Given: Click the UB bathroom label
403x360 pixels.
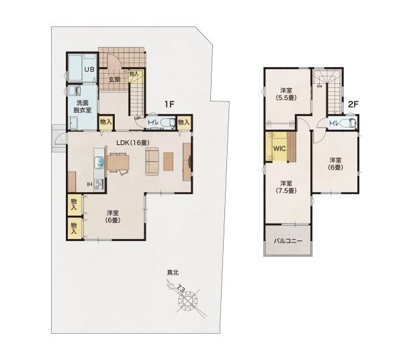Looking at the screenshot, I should click(x=89, y=69).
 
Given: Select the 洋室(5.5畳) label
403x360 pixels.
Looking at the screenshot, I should click(x=287, y=93).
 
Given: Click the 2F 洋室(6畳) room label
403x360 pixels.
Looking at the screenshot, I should click(x=334, y=163).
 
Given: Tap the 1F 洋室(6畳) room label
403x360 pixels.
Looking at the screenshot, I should click(x=111, y=216).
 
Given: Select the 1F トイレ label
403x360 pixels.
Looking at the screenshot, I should click(x=152, y=123).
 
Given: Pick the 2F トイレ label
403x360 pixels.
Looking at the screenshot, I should click(x=334, y=124).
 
